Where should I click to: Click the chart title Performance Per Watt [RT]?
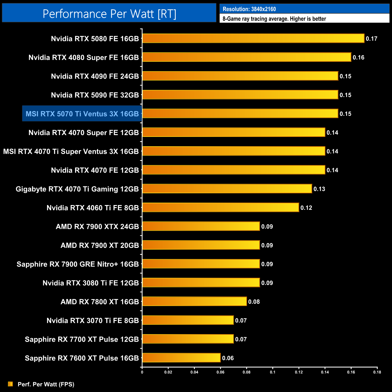point(109,14)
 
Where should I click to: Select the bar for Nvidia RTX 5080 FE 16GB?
point(253,38)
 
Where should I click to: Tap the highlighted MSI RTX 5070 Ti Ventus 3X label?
point(82,114)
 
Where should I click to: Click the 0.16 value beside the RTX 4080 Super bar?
point(359,57)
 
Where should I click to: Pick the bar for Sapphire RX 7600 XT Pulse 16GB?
point(181,358)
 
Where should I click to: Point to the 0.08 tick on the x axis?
point(246,372)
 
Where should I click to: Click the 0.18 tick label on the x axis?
point(377,372)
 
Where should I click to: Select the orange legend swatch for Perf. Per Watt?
point(11,384)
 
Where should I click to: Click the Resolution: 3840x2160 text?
point(249,9)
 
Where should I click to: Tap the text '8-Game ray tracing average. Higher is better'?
point(274,19)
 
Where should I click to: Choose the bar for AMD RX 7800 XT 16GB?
point(194,302)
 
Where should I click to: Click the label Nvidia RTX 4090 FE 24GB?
point(95,76)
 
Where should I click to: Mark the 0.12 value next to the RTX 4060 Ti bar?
point(306,208)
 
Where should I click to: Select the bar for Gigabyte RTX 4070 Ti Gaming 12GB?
point(227,189)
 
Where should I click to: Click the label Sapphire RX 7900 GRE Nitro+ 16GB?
point(78,264)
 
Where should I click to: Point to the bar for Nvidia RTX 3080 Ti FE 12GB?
point(201,283)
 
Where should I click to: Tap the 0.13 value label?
point(319,189)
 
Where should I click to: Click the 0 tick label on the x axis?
point(142,372)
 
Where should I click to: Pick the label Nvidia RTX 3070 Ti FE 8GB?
point(93,321)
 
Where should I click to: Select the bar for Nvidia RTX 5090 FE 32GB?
point(240,95)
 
